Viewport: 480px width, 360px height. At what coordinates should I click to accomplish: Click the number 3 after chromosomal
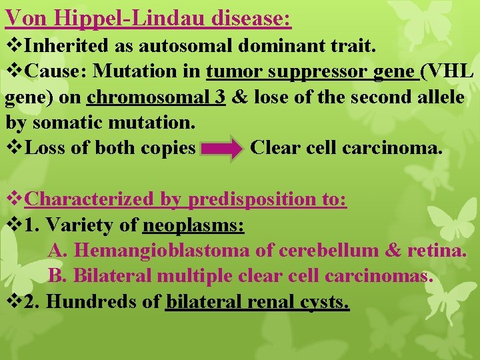[220, 98]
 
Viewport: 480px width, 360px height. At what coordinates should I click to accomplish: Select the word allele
[441, 98]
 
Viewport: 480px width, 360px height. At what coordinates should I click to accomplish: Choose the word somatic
[64, 123]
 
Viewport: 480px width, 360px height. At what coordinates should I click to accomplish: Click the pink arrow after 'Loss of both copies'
[223, 148]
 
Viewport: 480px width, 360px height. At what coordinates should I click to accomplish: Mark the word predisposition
[250, 199]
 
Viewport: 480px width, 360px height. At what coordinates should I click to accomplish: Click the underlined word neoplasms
[193, 225]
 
